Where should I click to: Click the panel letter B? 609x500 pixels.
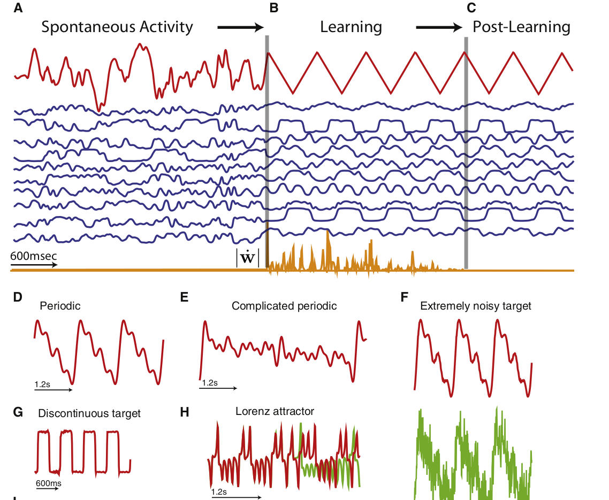(x=273, y=8)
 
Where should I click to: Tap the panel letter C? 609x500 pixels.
(x=471, y=8)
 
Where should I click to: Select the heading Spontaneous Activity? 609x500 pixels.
(x=117, y=27)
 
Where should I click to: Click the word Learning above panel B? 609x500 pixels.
(x=351, y=27)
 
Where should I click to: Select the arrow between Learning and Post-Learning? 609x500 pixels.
(x=439, y=27)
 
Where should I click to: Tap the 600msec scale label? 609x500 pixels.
(x=33, y=256)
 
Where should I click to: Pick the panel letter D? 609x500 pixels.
(x=18, y=297)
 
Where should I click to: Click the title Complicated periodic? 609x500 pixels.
(x=284, y=306)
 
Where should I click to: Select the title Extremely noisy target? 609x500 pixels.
(x=476, y=306)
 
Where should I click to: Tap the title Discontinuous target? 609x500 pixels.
(x=89, y=413)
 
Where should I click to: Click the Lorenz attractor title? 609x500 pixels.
(x=275, y=411)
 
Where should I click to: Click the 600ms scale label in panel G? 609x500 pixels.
(x=48, y=483)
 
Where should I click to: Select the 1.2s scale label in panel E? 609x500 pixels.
(x=209, y=383)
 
